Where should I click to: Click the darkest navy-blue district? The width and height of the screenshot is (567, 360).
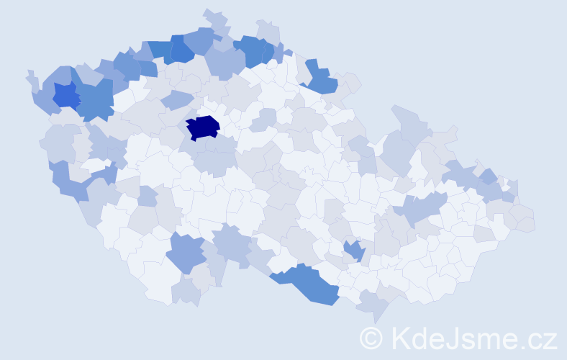tap(202, 127)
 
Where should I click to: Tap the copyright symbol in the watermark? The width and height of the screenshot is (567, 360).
tap(371, 337)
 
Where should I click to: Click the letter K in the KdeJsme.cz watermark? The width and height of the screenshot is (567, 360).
tap(402, 337)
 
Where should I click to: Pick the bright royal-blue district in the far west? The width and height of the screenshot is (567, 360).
tap(65, 94)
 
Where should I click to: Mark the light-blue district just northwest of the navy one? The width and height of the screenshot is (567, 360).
tap(176, 99)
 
